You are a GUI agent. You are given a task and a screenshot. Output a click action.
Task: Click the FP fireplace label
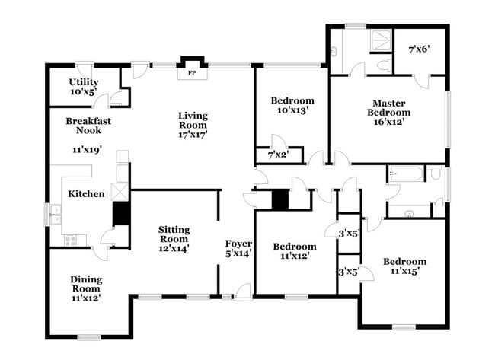click(x=191, y=74)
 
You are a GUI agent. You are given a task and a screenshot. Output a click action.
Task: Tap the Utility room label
click(x=82, y=81)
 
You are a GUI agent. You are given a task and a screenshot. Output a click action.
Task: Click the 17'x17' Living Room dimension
click(x=193, y=134)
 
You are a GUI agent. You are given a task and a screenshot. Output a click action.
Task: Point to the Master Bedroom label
click(x=388, y=108)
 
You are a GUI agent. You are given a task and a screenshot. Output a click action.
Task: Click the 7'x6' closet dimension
click(x=419, y=49)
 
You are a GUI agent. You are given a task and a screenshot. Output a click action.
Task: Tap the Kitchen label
click(x=86, y=194)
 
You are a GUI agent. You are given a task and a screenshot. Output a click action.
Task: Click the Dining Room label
click(x=86, y=283)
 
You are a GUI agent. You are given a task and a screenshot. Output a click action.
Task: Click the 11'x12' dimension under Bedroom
click(x=295, y=257)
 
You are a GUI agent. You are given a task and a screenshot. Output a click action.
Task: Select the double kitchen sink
click(x=56, y=214)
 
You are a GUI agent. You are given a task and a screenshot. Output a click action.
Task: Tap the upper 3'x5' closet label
click(x=348, y=234)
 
